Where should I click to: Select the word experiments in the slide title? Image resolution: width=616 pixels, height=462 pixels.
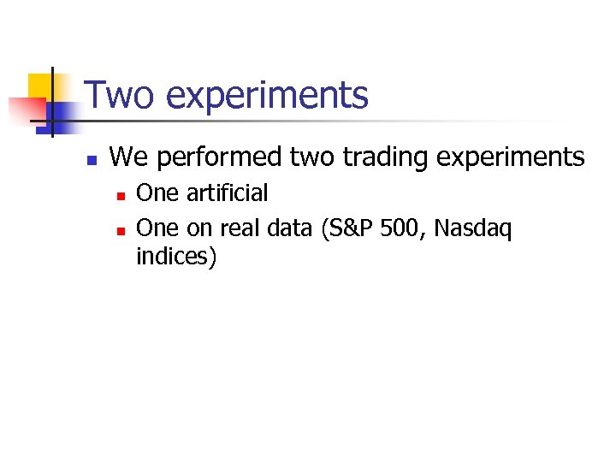coord(268,97)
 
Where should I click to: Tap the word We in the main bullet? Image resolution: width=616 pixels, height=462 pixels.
coord(128,157)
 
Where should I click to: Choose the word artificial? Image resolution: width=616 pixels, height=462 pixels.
coord(227,193)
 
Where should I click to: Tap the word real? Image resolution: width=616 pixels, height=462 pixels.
coord(240,228)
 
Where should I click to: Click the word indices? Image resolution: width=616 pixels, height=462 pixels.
coord(175,257)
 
